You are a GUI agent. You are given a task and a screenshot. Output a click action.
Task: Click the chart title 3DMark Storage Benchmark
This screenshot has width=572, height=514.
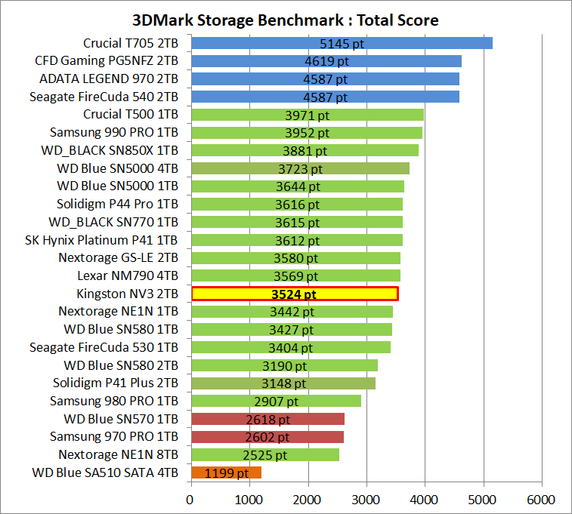pos(285,20)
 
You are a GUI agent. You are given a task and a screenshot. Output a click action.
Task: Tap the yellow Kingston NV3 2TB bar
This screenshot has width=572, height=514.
pos(295,294)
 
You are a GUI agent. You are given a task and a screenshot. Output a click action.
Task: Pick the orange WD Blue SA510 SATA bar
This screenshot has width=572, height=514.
pos(226,473)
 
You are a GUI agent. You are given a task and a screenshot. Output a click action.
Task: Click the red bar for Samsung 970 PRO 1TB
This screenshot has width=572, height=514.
pos(267,437)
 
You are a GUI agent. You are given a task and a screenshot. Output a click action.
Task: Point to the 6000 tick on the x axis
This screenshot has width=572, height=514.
pos(541,500)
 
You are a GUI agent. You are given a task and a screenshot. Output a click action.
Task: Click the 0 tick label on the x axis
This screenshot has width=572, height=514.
pos(191,500)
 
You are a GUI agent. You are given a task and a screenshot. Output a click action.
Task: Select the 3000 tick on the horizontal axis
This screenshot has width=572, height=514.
pos(366,500)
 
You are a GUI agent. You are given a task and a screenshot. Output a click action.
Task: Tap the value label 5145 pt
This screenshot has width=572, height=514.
pos(342,44)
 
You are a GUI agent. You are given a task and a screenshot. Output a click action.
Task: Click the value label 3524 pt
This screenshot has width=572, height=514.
pos(294,294)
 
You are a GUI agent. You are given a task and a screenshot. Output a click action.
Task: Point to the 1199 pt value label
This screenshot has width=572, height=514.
pos(227,474)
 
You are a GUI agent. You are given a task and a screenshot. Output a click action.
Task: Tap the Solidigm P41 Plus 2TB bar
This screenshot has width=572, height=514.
pos(283,383)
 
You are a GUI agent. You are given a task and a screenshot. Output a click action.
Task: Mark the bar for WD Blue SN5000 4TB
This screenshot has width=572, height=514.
pos(300,168)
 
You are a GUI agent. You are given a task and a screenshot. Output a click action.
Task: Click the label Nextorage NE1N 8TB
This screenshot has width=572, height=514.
pos(119,455)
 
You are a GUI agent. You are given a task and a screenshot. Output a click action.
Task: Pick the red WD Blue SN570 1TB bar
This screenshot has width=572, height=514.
pos(267,420)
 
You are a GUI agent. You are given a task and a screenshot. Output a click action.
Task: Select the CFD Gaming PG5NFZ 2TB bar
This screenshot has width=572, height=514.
pos(326,61)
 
